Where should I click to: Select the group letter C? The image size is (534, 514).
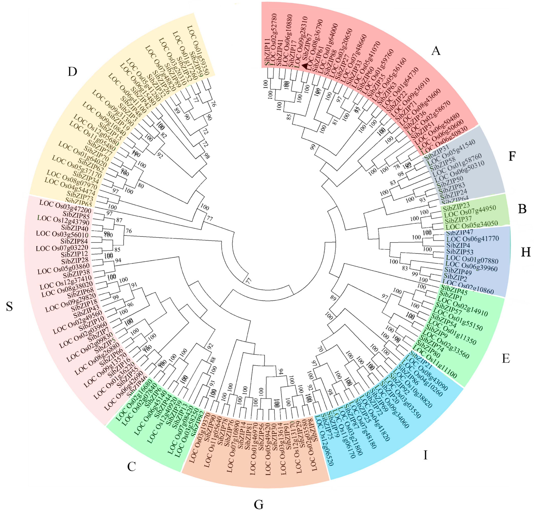click(131, 467)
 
